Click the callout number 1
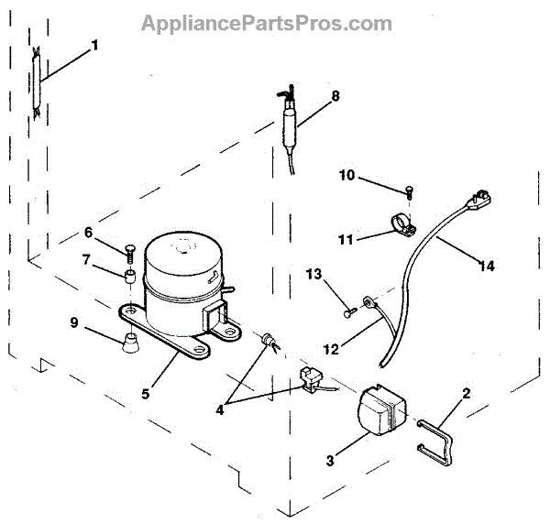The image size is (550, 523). [x=94, y=44]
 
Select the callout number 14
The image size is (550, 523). [x=486, y=266]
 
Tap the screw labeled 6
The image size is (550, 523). [x=128, y=250]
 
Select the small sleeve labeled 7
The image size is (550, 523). [x=131, y=275]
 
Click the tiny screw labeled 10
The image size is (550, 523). [x=408, y=191]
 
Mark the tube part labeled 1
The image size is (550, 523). [x=35, y=82]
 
